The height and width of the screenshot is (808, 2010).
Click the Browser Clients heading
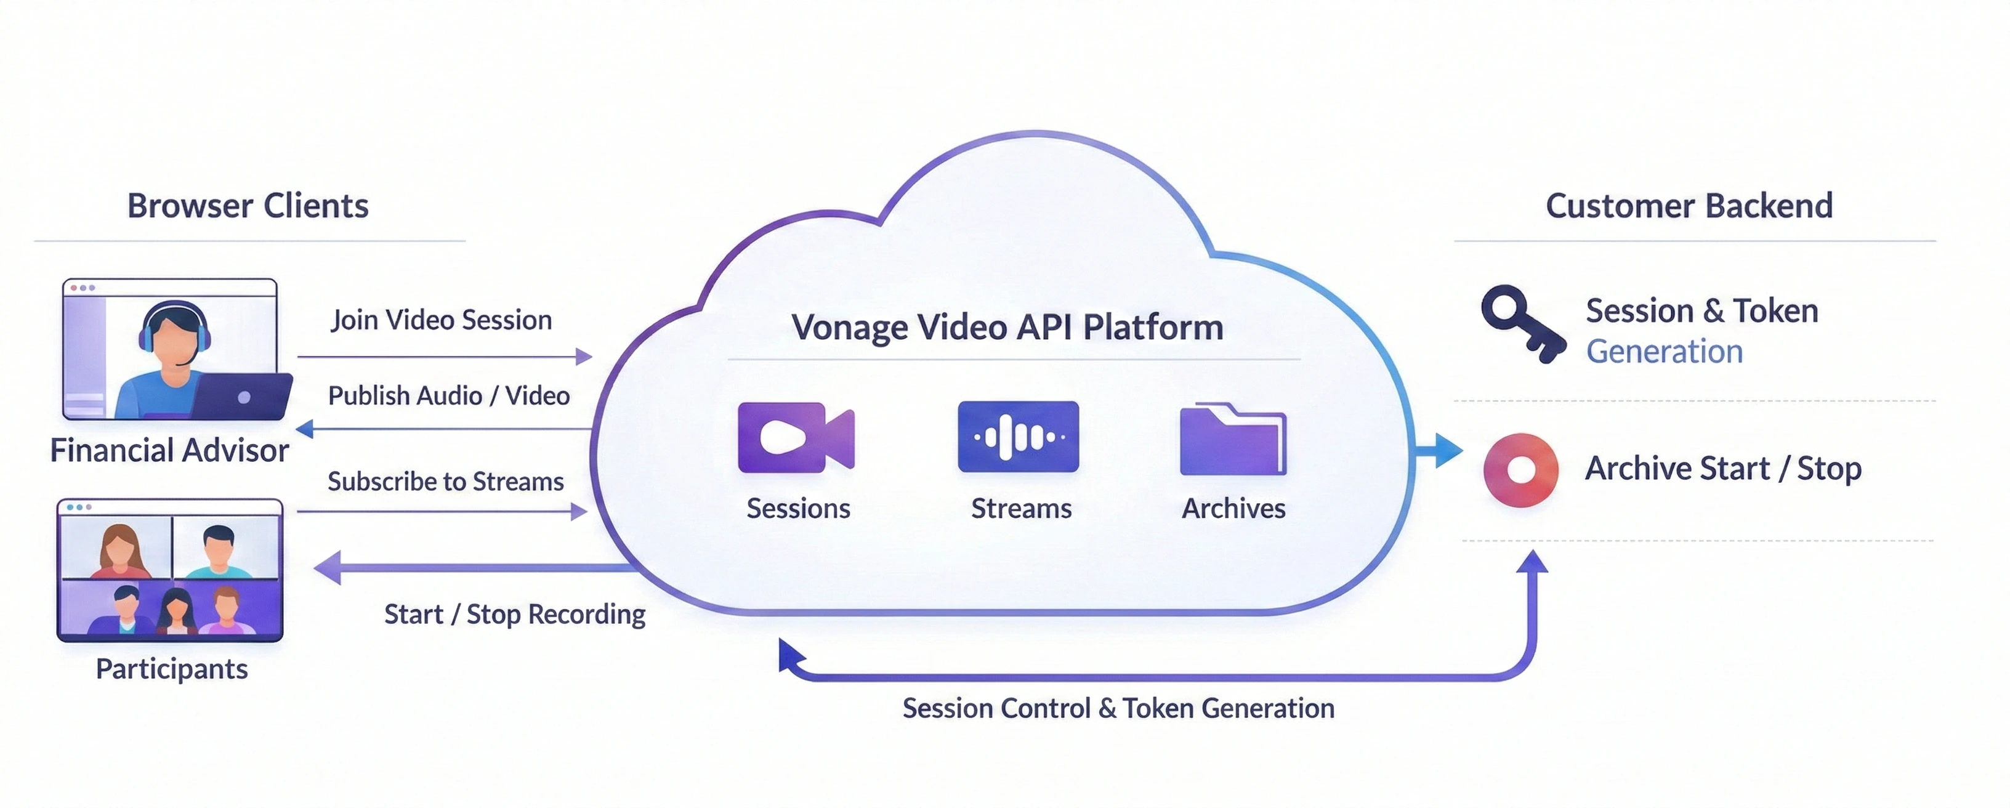(248, 206)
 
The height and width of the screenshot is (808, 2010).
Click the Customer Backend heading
(1689, 206)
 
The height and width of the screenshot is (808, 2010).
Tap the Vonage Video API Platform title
(1007, 327)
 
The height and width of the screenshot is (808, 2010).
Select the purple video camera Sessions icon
(795, 437)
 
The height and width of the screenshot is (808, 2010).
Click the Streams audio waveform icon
(1019, 437)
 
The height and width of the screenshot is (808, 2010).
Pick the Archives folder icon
(1233, 440)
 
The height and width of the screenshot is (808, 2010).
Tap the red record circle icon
(1521, 470)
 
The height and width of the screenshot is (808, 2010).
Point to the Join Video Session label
(441, 320)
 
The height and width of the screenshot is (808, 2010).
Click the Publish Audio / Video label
(449, 396)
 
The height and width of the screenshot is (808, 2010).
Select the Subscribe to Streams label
(446, 482)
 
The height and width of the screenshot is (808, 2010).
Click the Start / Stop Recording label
(514, 615)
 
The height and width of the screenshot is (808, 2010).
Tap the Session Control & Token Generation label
(1118, 708)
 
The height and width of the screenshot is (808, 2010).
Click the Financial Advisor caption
(169, 450)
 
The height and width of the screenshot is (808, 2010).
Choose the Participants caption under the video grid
(172, 669)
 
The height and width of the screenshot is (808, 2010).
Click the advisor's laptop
(242, 397)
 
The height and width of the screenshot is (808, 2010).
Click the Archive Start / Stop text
(1723, 469)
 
